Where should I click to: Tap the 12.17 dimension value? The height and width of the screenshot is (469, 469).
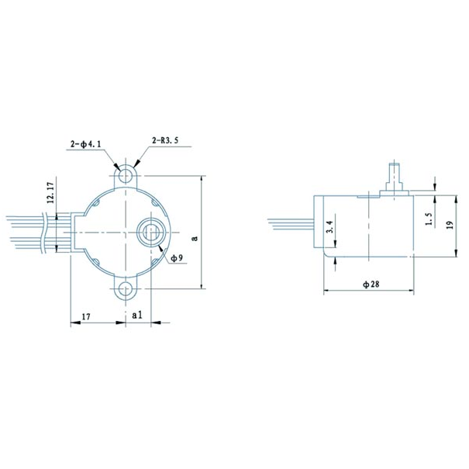pos(51,192)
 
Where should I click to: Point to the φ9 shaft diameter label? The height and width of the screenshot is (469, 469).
pos(176,258)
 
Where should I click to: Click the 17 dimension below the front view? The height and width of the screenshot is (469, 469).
pos(86,316)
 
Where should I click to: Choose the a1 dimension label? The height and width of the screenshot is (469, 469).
pos(136,316)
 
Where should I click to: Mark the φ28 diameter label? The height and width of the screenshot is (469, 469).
pos(370,285)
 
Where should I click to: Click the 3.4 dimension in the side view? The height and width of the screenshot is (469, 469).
pos(329,226)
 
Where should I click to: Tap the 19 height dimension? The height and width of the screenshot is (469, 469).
pos(450,225)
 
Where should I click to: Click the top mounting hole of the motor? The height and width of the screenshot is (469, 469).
pos(125,173)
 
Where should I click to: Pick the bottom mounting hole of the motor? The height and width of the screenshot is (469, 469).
pos(125,291)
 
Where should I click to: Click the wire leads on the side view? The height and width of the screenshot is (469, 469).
pos(291,224)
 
